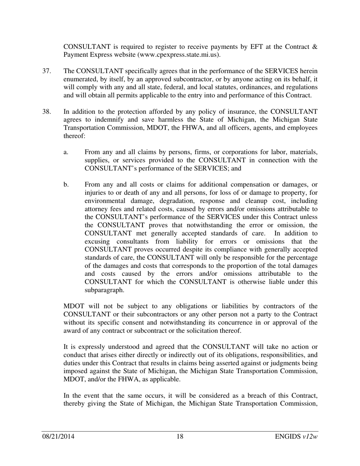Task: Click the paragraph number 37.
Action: click(46, 71)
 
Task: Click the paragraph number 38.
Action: click(46, 111)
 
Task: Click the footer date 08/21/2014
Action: click(58, 437)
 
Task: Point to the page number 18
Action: click(180, 437)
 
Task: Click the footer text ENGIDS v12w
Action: click(296, 437)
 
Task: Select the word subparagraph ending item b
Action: click(104, 290)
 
